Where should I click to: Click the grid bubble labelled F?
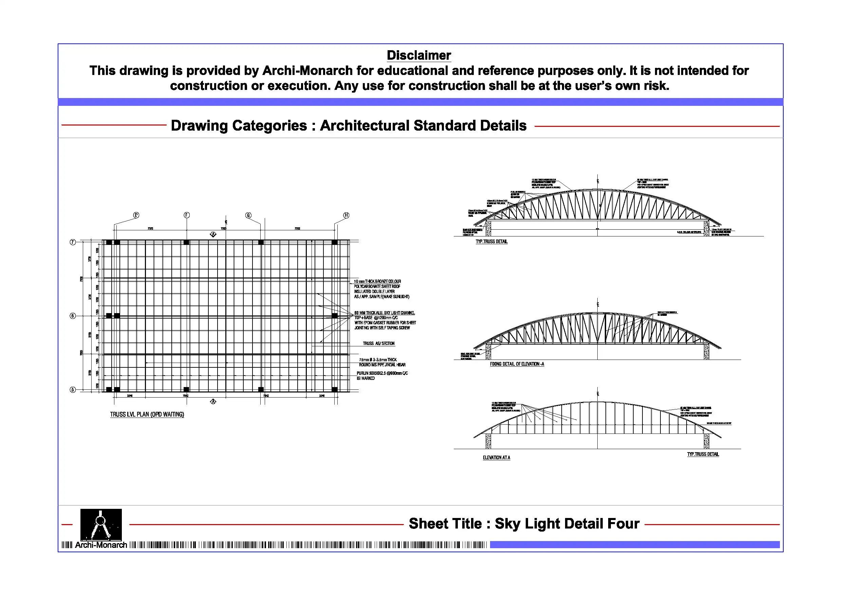(x=187, y=215)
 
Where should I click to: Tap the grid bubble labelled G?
(x=248, y=215)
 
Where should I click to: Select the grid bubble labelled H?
(x=346, y=215)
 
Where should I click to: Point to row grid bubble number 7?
(x=73, y=242)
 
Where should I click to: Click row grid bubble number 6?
(x=73, y=315)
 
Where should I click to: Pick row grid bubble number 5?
(x=73, y=390)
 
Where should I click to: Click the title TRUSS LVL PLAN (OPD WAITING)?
(x=147, y=414)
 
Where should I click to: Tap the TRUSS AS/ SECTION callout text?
(x=378, y=344)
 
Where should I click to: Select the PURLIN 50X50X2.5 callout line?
(x=382, y=373)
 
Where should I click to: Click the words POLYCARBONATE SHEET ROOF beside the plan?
(x=377, y=286)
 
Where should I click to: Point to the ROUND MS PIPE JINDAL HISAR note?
(x=382, y=365)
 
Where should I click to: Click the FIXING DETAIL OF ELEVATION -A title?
(x=517, y=364)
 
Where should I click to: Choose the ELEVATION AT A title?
(x=496, y=458)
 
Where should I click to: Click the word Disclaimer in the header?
(x=419, y=55)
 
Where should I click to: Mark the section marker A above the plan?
(x=213, y=235)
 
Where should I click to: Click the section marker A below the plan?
(x=213, y=402)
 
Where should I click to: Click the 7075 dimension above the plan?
(x=150, y=228)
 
